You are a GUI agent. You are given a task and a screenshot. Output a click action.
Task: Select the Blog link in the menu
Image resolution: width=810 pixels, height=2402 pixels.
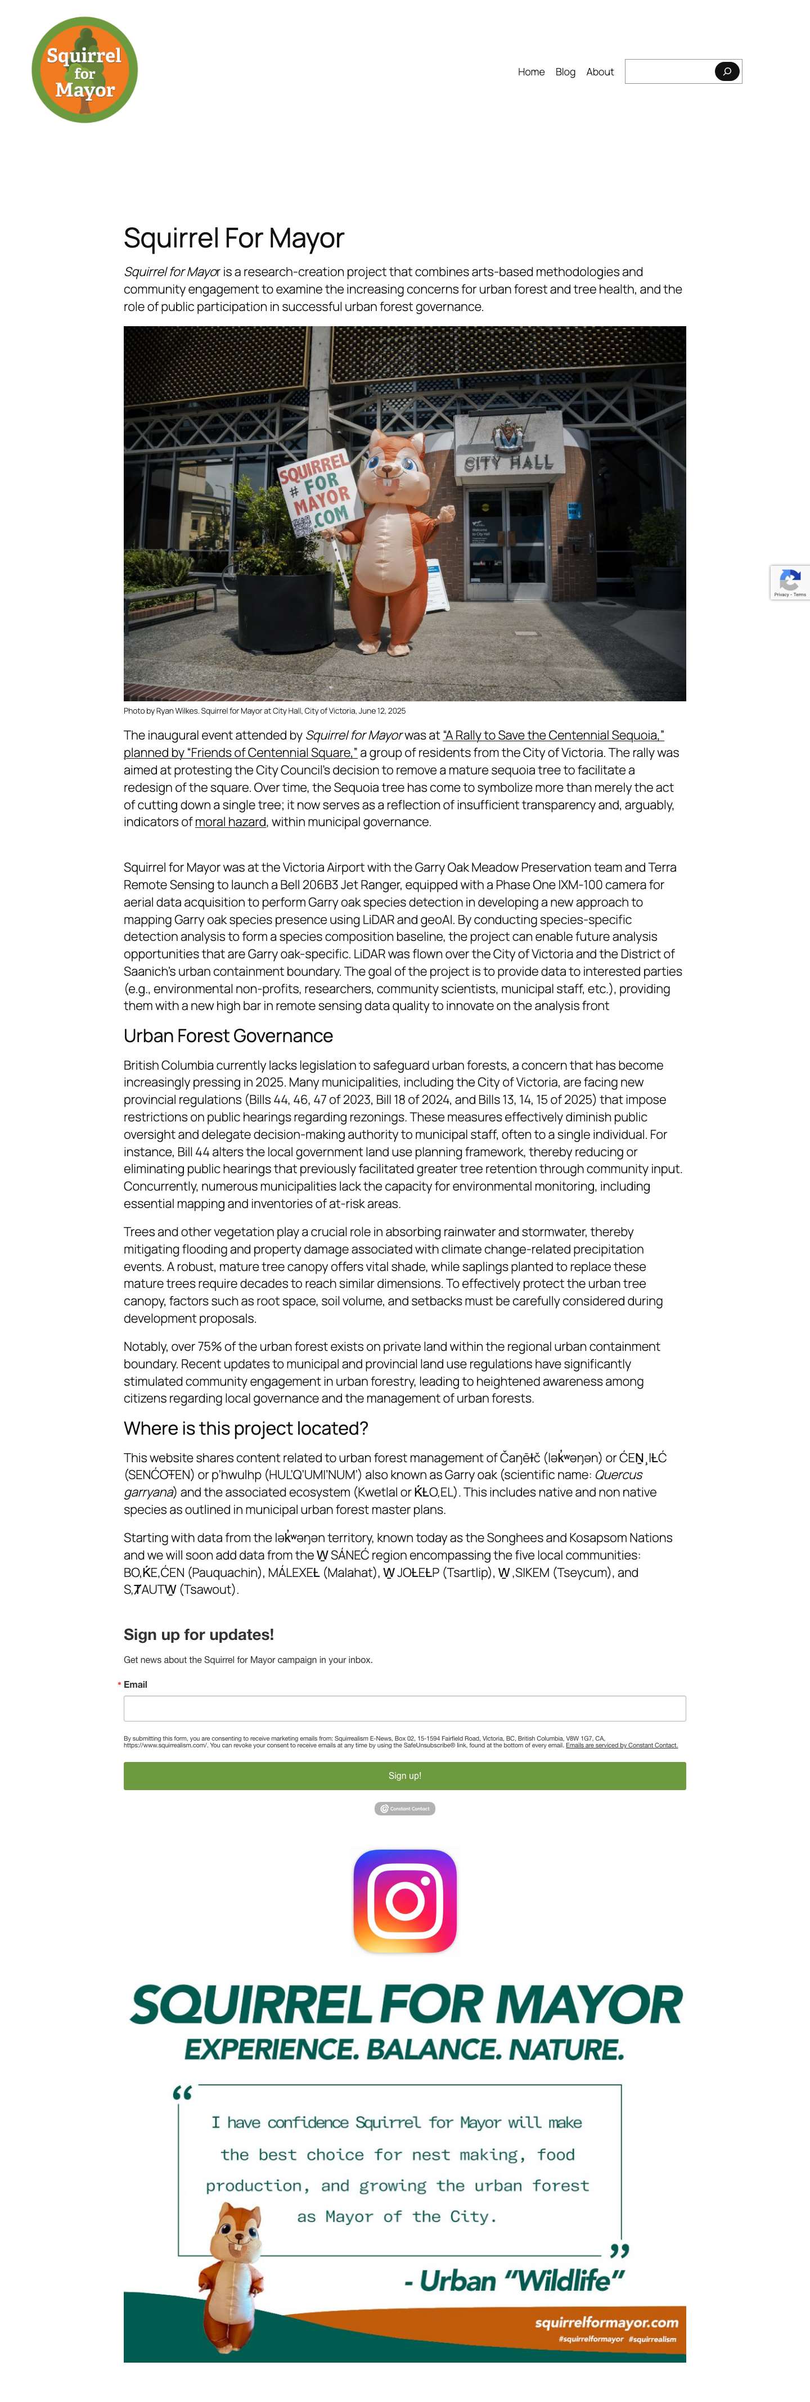tap(565, 72)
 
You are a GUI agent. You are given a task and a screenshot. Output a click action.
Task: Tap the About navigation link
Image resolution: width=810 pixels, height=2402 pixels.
tap(600, 72)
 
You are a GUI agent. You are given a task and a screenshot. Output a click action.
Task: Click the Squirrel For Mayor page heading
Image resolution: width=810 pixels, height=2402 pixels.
tap(234, 238)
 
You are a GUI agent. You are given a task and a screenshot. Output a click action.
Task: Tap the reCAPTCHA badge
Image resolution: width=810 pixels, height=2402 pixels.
tap(790, 582)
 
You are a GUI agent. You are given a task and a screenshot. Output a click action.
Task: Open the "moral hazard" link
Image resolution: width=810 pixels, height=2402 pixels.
tap(230, 822)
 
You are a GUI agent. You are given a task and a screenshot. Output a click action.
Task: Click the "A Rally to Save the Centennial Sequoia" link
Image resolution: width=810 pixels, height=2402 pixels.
tap(553, 736)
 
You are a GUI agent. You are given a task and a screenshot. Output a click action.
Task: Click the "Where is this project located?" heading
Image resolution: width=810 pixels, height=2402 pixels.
tap(245, 1428)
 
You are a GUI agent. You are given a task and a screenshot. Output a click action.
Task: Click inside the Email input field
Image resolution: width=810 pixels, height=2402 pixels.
tap(404, 1708)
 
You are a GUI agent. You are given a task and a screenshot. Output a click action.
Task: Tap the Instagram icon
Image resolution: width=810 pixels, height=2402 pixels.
tap(404, 1900)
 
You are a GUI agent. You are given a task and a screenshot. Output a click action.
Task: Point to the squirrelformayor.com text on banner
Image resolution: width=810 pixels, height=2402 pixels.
tap(606, 2322)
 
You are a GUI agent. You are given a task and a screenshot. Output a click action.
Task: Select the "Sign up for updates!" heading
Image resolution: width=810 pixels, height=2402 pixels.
tap(199, 1634)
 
